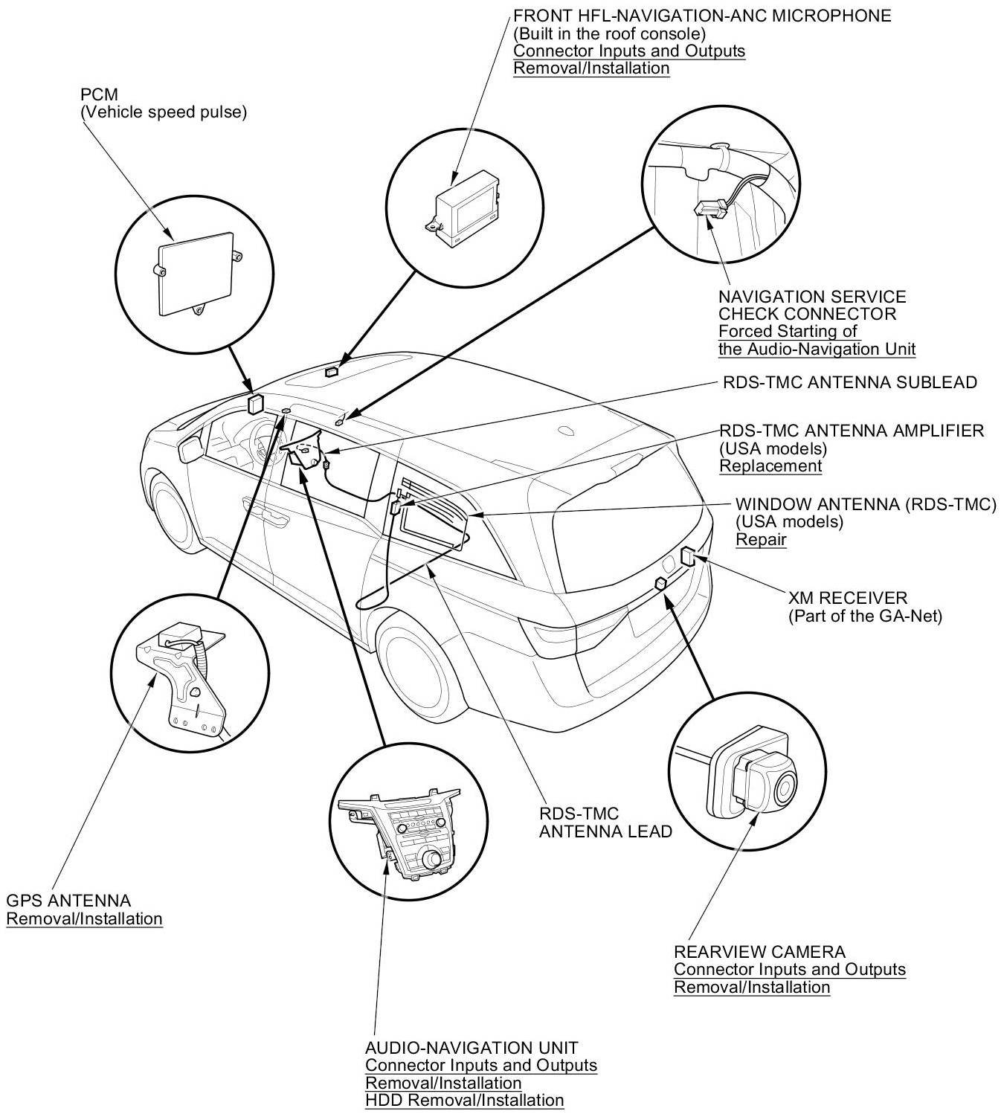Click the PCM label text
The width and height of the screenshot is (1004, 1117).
click(94, 95)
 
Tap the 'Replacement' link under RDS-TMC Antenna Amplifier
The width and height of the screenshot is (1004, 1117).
click(770, 466)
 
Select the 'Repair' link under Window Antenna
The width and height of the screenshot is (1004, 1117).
click(761, 540)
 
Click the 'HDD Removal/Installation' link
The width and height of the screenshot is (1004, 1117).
click(464, 1100)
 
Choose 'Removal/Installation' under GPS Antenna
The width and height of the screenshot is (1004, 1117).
click(84, 918)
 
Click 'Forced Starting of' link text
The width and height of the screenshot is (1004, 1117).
click(788, 332)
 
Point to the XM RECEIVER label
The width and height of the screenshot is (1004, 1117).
click(848, 598)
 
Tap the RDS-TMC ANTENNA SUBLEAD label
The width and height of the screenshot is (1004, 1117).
click(850, 383)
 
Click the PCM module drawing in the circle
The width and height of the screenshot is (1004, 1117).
click(196, 271)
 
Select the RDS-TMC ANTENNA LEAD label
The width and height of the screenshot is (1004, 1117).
click(605, 823)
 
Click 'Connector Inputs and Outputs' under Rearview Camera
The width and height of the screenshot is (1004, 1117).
click(789, 970)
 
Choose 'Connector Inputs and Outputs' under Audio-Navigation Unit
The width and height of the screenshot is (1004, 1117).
click(480, 1066)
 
